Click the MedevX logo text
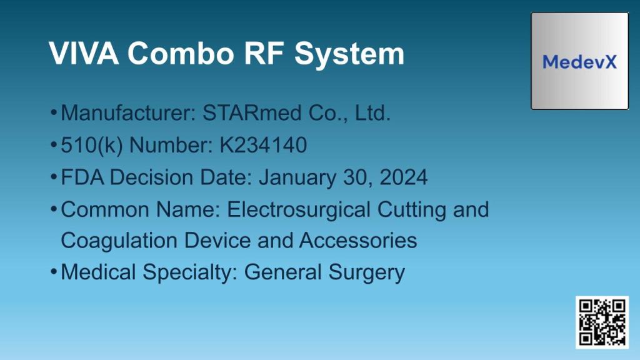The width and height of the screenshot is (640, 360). click(579, 62)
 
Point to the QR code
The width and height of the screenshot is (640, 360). click(602, 322)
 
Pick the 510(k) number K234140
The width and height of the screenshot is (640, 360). click(263, 146)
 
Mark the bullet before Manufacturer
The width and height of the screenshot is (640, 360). click(54, 114)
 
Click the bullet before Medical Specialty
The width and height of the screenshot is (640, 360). click(54, 273)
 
